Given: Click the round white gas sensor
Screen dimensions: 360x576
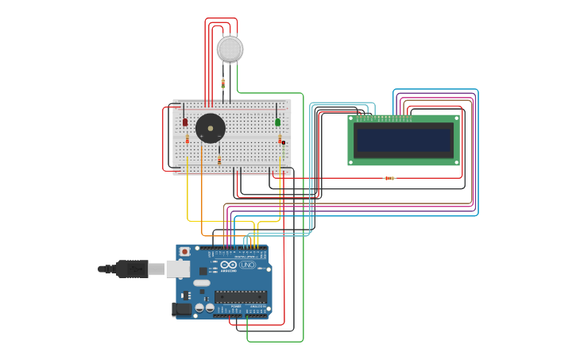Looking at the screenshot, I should [x=230, y=49].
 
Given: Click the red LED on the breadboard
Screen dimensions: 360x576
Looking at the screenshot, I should [x=185, y=122].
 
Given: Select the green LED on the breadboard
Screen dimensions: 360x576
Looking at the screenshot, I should [x=278, y=122].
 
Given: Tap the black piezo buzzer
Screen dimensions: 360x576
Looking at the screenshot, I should [x=211, y=128].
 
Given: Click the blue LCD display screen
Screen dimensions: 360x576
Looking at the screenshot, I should [x=404, y=141].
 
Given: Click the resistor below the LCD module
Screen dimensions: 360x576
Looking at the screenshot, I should [x=389, y=178].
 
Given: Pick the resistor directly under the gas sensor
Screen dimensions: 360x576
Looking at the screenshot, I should [x=222, y=83].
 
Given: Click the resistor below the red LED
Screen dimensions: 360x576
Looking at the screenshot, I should [x=187, y=141].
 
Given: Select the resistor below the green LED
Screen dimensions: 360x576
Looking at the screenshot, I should [x=280, y=141].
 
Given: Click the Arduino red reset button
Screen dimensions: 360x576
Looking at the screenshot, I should [x=185, y=252].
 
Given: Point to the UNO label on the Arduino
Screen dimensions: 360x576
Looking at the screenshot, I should [x=247, y=265].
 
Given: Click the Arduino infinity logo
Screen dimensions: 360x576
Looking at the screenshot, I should [x=229, y=265].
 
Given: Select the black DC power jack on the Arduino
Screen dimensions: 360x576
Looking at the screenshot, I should [x=183, y=309].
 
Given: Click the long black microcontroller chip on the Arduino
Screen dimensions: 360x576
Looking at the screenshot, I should [x=240, y=296].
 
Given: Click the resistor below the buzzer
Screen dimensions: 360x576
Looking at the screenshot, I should [x=219, y=160].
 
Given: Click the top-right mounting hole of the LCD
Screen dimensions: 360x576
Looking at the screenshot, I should [x=456, y=119].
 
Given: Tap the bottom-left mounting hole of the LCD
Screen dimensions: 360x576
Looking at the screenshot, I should [x=351, y=162].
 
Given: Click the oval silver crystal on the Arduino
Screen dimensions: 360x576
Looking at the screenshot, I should [x=202, y=283].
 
